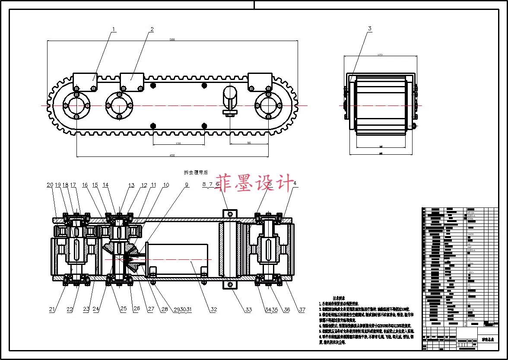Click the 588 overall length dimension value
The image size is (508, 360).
pos(172,39)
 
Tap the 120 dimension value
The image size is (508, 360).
pos(178,143)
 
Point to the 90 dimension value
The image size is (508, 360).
pos(249,143)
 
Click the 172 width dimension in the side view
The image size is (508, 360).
pos(380,55)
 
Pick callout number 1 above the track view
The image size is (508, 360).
pos(114,29)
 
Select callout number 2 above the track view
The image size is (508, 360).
pos(152,29)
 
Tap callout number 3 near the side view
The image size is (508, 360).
pos(369,29)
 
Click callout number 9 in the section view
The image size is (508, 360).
pos(187,185)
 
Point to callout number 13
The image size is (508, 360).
pos(131,185)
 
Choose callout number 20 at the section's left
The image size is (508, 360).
pos(50,185)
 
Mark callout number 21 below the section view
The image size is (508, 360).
pos(52,309)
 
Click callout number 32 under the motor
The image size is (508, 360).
pos(213,309)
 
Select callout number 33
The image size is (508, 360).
pos(248,309)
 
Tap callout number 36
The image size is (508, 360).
pos(286,309)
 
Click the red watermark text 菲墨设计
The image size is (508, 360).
pos(255,182)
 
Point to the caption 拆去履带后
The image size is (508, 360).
pos(196,172)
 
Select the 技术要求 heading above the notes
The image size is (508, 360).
pos(338,298)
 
